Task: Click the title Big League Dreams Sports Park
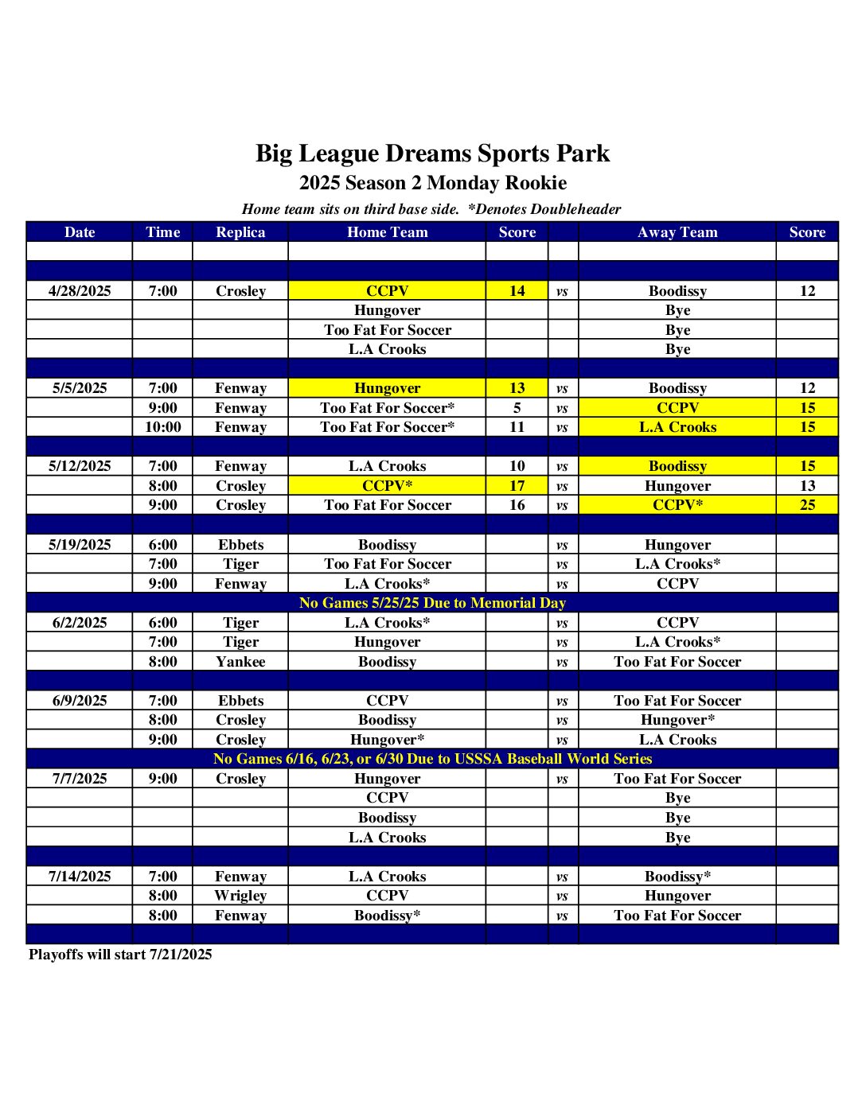pos(432,154)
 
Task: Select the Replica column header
pos(240,232)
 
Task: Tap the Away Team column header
pos(677,232)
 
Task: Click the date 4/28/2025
pos(80,291)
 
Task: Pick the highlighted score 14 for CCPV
pos(517,291)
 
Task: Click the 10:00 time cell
pos(162,427)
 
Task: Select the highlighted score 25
pos(807,505)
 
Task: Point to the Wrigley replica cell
pos(240,896)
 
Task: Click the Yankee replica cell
pos(240,662)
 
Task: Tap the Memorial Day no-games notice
pos(432,603)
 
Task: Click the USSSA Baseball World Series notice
pos(432,759)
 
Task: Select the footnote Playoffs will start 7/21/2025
pos(120,955)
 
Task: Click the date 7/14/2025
pos(80,877)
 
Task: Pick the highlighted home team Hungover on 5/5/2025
pos(388,388)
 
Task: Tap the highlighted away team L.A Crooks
pos(677,427)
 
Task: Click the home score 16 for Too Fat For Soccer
pos(517,505)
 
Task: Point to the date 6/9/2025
pos(80,701)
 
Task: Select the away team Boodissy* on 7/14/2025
pos(677,877)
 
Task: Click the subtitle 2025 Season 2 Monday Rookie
pos(433,183)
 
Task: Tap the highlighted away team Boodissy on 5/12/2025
pos(677,466)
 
